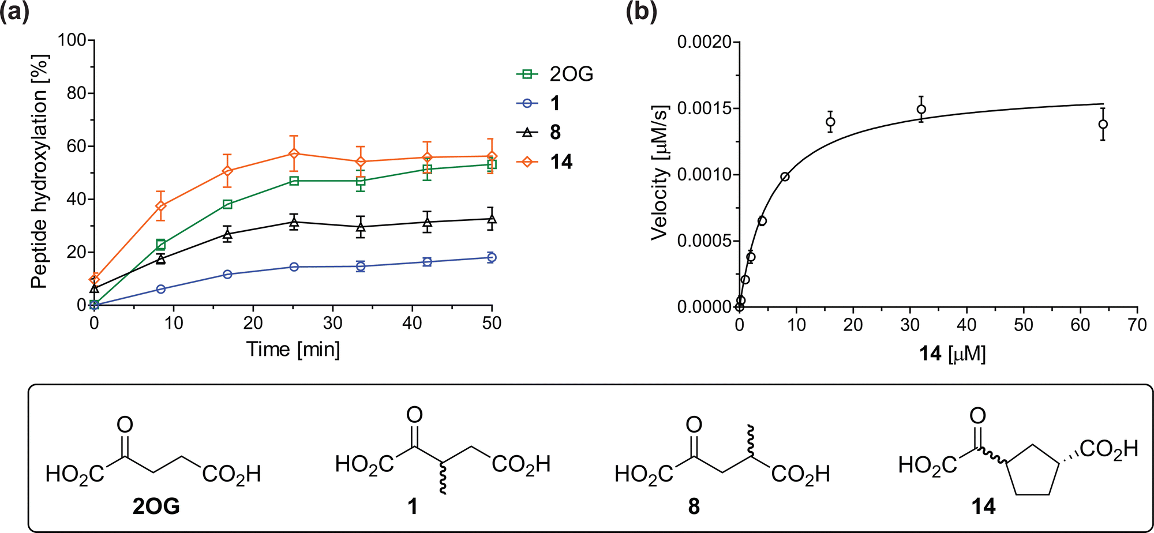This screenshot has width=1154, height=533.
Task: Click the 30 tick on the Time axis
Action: tap(332, 323)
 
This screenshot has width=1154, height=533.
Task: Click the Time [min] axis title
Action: tap(293, 350)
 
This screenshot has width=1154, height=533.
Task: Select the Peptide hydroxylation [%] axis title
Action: tap(39, 172)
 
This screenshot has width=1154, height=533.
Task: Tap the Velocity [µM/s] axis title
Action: tap(659, 172)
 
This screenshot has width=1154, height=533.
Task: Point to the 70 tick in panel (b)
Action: tap(1137, 325)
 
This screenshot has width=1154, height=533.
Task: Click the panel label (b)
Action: tap(641, 13)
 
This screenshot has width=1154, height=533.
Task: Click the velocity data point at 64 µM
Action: tap(1103, 124)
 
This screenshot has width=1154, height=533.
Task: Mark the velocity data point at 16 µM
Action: tap(830, 122)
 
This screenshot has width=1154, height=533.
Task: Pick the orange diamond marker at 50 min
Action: tap(492, 156)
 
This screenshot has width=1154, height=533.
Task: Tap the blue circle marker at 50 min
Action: tap(492, 257)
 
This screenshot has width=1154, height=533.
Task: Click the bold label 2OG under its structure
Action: tap(156, 506)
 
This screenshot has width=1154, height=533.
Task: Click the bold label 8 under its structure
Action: tap(694, 506)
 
